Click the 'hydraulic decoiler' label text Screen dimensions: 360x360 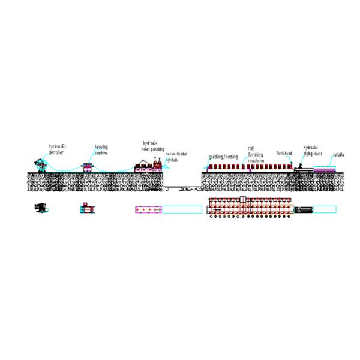coord(57,149)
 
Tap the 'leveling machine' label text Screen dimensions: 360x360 coord(101,149)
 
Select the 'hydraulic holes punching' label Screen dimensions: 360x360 coord(152,146)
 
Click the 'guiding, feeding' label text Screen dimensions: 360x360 coord(223,157)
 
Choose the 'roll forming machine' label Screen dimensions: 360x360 coord(256,154)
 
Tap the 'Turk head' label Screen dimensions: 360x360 coord(284,153)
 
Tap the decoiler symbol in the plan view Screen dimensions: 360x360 coord(41,208)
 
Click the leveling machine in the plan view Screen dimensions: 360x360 coord(87,209)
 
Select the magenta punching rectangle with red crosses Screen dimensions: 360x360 coord(148,209)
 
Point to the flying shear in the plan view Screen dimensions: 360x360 coord(304,209)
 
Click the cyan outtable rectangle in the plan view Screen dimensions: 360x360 coord(325,209)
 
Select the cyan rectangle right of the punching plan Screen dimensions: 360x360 coord(182,209)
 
